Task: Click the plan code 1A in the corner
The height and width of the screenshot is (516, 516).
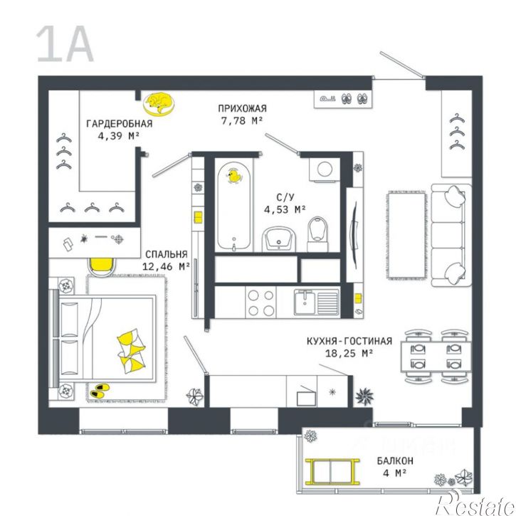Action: click(x=65, y=44)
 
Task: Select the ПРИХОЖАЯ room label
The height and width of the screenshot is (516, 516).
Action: click(x=242, y=108)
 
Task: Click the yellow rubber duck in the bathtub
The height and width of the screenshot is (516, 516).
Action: click(x=231, y=175)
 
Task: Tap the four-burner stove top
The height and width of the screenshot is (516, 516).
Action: click(x=261, y=302)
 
